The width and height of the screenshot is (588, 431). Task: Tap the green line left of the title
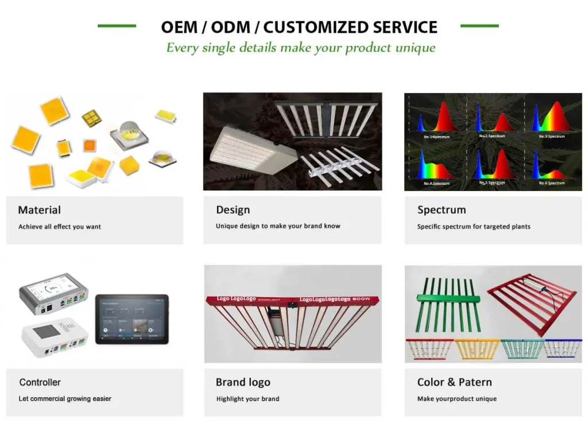tap(117, 26)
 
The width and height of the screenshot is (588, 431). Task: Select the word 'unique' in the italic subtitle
tap(415, 48)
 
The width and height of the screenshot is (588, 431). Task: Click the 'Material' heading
tap(39, 210)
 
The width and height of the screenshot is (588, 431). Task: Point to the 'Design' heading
tap(233, 210)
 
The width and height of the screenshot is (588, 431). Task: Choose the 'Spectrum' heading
tap(441, 210)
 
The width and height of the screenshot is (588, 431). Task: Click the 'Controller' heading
tap(40, 382)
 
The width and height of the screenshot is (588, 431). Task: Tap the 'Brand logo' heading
tap(243, 382)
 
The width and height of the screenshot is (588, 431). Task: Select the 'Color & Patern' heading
tap(454, 382)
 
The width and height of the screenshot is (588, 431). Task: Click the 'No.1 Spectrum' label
tap(436, 137)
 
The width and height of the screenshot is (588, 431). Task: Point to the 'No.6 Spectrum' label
tap(551, 183)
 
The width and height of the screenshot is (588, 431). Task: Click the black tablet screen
tap(131, 320)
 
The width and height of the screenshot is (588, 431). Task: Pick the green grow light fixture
tap(447, 304)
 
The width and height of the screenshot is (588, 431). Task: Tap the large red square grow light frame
tap(531, 302)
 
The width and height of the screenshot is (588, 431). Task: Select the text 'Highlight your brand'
tap(247, 399)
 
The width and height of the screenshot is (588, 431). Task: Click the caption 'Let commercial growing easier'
tap(65, 399)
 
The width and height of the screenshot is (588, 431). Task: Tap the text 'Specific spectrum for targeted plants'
tap(473, 227)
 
